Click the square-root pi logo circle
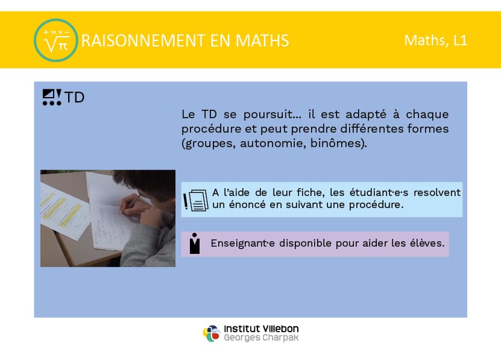(x=56, y=40)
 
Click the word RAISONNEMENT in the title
(x=143, y=40)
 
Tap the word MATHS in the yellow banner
(x=262, y=40)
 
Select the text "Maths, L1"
(x=436, y=40)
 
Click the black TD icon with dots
(x=52, y=97)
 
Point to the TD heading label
(x=74, y=97)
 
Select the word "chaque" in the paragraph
(x=427, y=115)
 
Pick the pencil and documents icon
(x=196, y=200)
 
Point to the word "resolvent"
(x=436, y=192)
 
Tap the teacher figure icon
(x=195, y=244)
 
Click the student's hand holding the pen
(x=132, y=204)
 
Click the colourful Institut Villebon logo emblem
(x=212, y=333)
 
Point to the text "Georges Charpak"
(x=261, y=338)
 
